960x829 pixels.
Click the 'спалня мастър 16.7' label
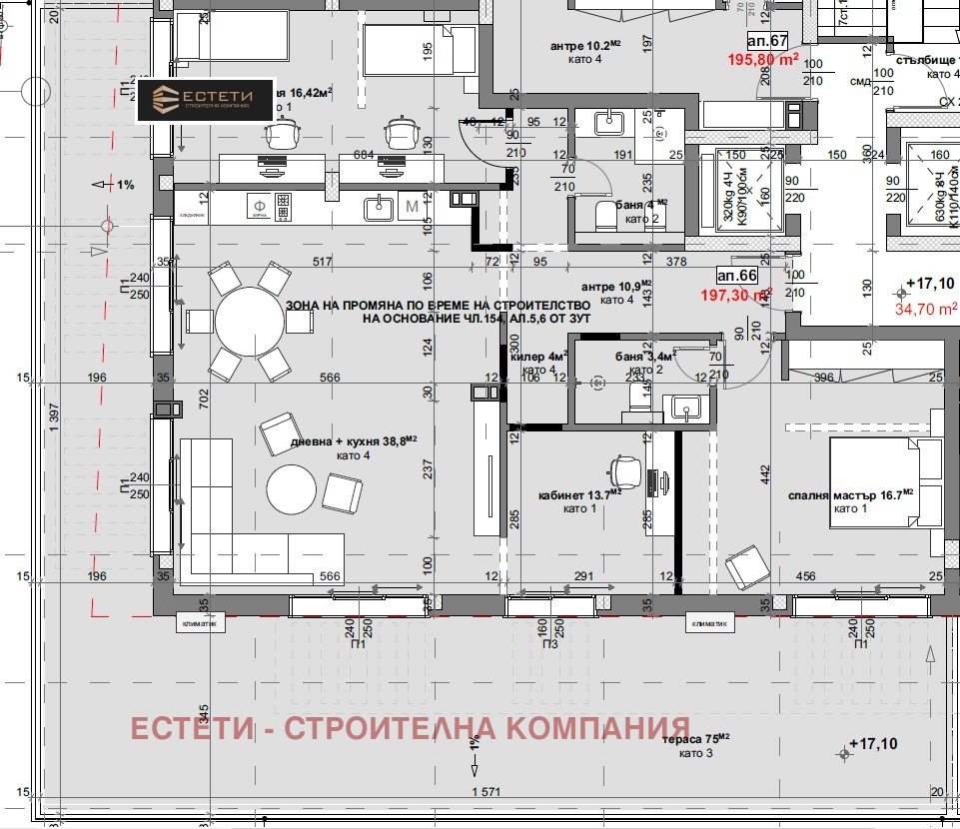[x=865, y=494]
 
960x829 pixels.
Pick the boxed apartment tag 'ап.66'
[x=737, y=275]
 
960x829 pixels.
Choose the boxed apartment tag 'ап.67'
[x=767, y=40]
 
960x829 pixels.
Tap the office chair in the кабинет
[x=625, y=465]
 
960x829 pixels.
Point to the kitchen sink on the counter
[x=378, y=208]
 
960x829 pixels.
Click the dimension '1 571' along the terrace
[x=485, y=792]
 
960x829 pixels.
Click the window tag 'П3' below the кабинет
[x=550, y=644]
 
